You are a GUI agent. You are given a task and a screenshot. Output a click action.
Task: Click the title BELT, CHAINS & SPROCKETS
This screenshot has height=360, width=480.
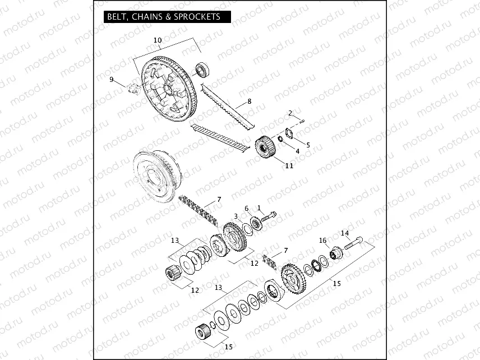pos(163,17)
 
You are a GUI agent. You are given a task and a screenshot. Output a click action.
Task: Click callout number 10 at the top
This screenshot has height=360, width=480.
pos(158,40)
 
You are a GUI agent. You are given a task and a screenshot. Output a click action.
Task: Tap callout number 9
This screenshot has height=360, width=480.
pos(112,80)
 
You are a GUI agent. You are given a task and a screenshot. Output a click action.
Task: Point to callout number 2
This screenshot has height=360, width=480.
pos(290,113)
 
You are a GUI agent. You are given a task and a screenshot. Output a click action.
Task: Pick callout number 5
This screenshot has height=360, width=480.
pos(308,145)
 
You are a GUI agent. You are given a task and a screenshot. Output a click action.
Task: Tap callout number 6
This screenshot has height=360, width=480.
pos(246,209)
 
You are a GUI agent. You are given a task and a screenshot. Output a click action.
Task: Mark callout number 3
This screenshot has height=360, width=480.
pos(236,216)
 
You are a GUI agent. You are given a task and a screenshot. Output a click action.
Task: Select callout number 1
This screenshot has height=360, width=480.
pos(259,207)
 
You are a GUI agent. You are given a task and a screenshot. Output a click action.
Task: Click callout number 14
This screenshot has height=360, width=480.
pos(345,233)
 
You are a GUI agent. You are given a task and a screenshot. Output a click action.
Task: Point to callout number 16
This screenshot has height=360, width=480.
pos(323,241)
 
